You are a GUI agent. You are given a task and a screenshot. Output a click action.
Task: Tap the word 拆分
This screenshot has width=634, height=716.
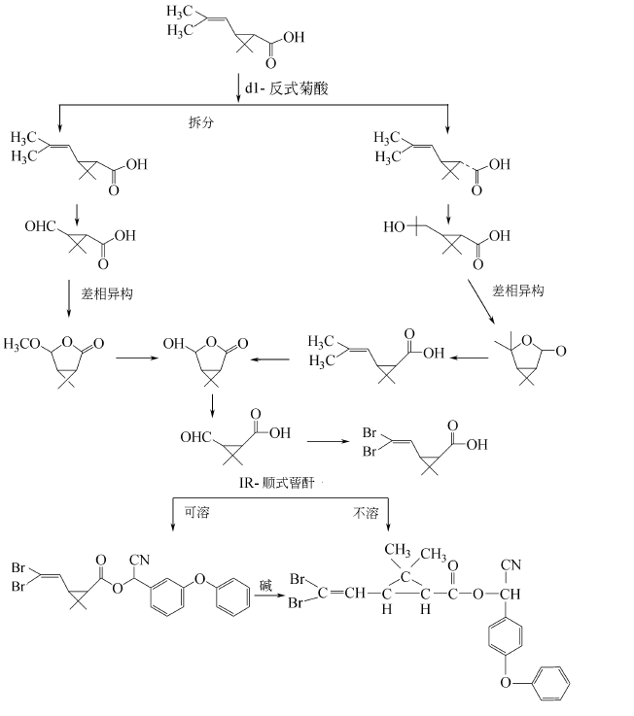(201, 123)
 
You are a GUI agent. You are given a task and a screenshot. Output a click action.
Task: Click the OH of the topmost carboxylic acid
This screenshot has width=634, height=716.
(293, 39)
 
